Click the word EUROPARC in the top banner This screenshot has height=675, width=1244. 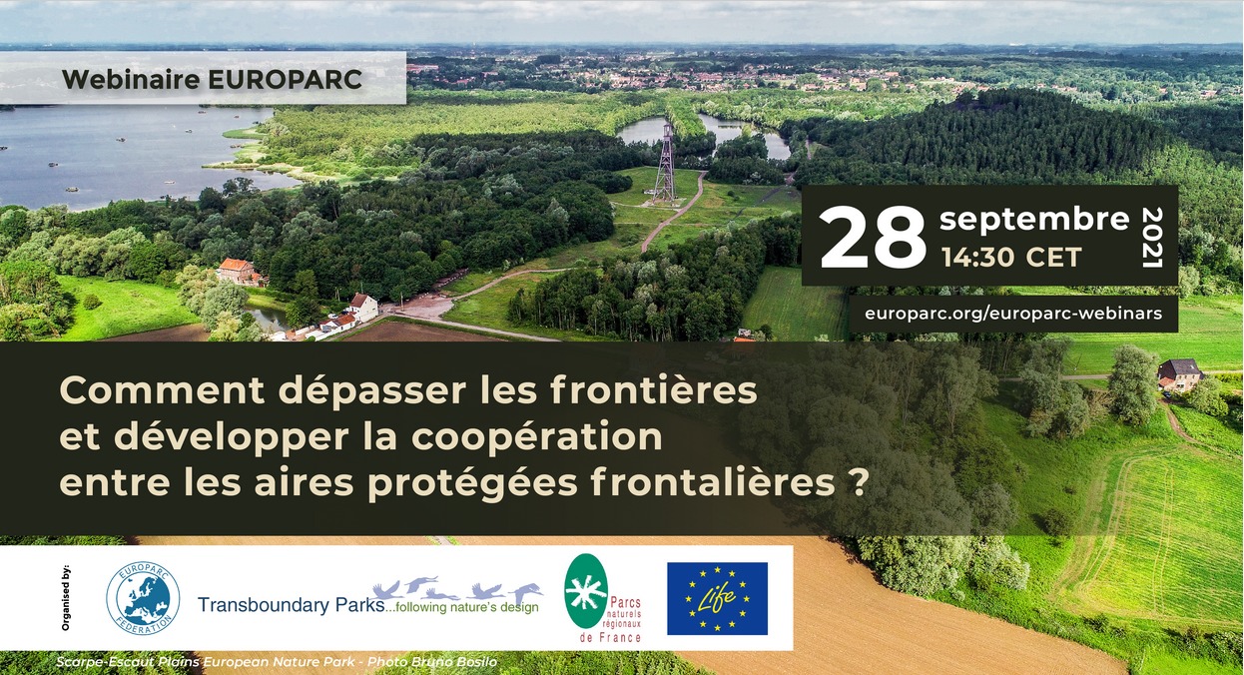click(286, 80)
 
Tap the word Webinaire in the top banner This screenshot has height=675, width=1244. click(131, 80)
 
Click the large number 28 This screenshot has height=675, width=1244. click(873, 238)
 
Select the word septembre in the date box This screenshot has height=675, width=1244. click(1034, 220)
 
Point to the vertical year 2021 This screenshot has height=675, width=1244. click(1152, 238)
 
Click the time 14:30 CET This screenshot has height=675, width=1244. click(1011, 258)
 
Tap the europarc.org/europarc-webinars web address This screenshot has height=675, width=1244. click(1013, 314)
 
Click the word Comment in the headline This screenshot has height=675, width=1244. click(162, 390)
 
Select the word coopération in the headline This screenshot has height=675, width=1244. click(537, 437)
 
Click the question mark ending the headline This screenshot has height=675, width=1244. click(859, 482)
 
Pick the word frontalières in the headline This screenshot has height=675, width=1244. click(713, 482)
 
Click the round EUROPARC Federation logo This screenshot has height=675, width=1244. click(143, 598)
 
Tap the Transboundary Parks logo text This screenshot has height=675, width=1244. click(292, 605)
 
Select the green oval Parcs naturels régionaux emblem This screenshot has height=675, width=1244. click(586, 591)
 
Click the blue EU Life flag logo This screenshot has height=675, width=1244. click(717, 598)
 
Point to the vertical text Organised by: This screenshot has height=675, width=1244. click(66, 598)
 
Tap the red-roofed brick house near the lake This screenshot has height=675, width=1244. click(237, 271)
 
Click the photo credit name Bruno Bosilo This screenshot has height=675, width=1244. click(453, 662)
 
